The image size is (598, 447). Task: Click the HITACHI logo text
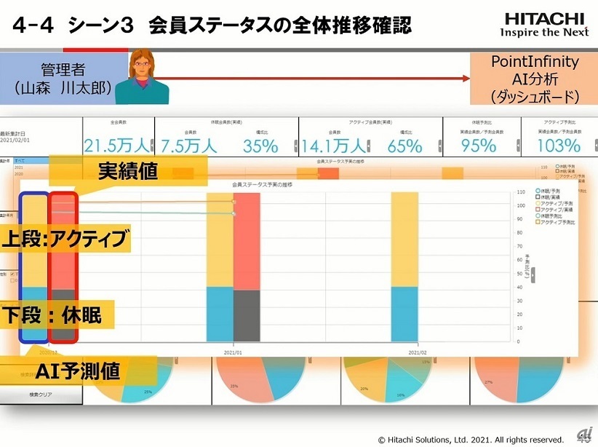click(x=543, y=17)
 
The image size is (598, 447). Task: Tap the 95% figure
click(x=479, y=146)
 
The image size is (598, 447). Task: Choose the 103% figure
click(x=559, y=146)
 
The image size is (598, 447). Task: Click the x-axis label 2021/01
click(x=233, y=351)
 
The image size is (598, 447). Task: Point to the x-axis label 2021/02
click(x=418, y=351)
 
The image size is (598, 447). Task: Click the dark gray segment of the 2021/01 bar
click(x=246, y=315)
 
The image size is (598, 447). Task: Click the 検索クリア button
click(x=41, y=395)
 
